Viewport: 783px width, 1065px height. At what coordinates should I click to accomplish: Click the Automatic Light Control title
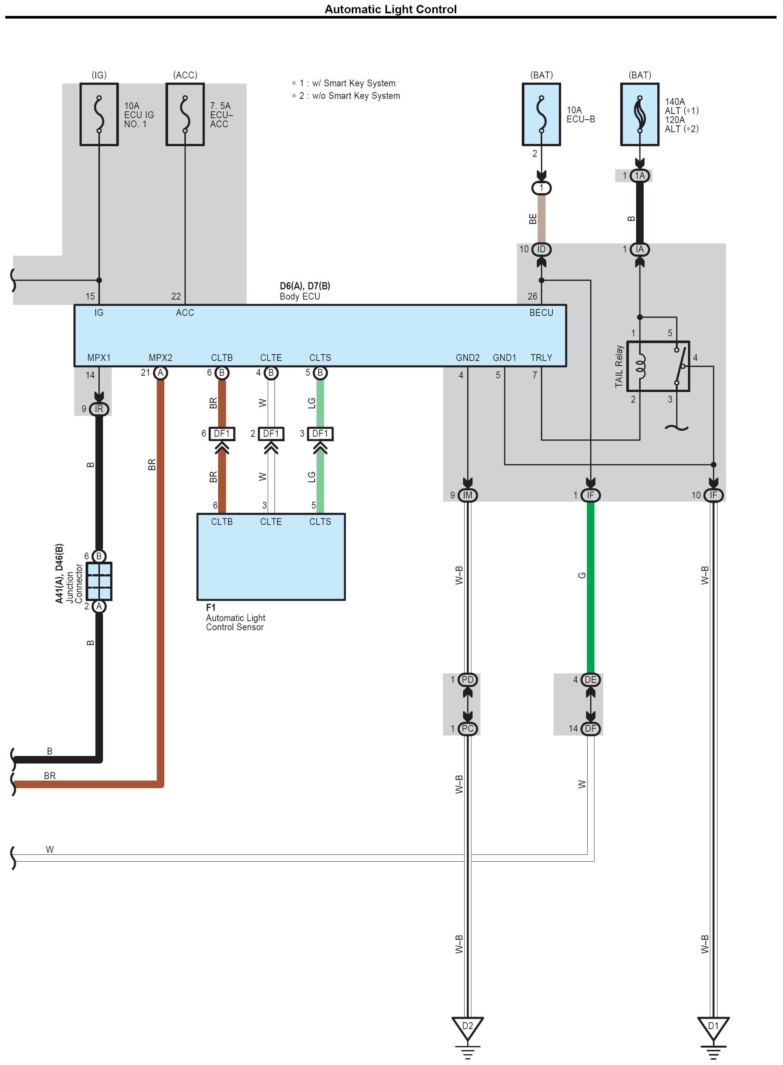[x=390, y=9]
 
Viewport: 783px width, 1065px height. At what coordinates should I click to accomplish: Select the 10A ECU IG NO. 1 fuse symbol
[x=99, y=114]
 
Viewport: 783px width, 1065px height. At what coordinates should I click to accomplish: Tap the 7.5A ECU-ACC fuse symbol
[x=185, y=114]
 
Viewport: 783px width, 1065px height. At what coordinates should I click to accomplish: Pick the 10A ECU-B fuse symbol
[x=541, y=114]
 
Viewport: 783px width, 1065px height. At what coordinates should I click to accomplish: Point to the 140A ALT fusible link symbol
[x=640, y=114]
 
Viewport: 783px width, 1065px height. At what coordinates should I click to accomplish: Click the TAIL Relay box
[x=658, y=366]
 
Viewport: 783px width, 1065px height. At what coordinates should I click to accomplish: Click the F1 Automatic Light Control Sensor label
[x=235, y=618]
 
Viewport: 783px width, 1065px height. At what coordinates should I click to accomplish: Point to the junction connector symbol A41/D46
[x=99, y=581]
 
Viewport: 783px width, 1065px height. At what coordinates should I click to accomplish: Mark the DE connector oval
[x=591, y=680]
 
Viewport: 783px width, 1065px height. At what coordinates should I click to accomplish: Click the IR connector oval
[x=99, y=409]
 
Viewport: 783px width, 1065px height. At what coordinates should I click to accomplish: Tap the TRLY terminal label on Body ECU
[x=541, y=358]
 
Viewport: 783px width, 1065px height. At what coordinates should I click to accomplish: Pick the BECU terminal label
[x=541, y=313]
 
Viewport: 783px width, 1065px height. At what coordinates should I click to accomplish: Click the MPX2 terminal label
[x=160, y=358]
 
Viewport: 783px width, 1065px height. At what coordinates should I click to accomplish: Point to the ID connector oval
[x=541, y=249]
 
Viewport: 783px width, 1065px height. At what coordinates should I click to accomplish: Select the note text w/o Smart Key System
[x=356, y=96]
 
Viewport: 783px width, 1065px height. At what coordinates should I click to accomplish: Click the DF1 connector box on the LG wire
[x=320, y=434]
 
